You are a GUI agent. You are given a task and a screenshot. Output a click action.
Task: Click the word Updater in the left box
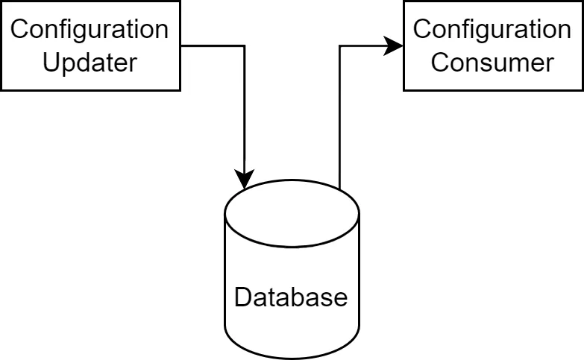[90, 62]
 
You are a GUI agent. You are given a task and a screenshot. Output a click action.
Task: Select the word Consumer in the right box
[492, 62]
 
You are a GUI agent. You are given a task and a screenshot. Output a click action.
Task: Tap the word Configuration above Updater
[90, 30]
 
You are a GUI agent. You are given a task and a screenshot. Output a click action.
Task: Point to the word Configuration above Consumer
[492, 30]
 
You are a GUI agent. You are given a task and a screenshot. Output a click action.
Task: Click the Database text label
[291, 297]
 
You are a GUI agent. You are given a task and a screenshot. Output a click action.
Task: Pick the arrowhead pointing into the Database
[244, 180]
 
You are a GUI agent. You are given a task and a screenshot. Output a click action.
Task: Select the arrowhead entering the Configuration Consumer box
[395, 46]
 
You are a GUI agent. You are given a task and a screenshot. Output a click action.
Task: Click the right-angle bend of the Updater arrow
[244, 46]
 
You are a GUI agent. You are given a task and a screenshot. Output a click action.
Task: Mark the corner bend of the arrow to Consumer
[340, 46]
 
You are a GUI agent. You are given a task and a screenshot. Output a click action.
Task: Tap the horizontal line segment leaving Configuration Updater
[213, 46]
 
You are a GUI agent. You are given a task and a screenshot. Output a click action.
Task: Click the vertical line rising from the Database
[340, 119]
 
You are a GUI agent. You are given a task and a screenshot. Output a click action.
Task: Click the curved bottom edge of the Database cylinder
[292, 359]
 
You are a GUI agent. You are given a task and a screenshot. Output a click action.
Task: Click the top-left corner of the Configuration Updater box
[1, 1]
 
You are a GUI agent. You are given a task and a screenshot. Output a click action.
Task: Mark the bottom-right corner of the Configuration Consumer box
[583, 90]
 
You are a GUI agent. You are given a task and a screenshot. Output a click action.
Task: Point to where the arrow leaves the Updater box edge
[181, 46]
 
